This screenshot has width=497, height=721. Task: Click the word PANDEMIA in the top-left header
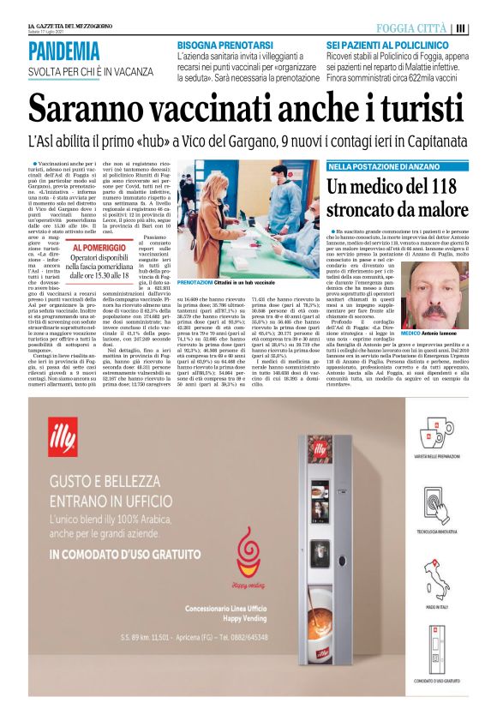63,51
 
